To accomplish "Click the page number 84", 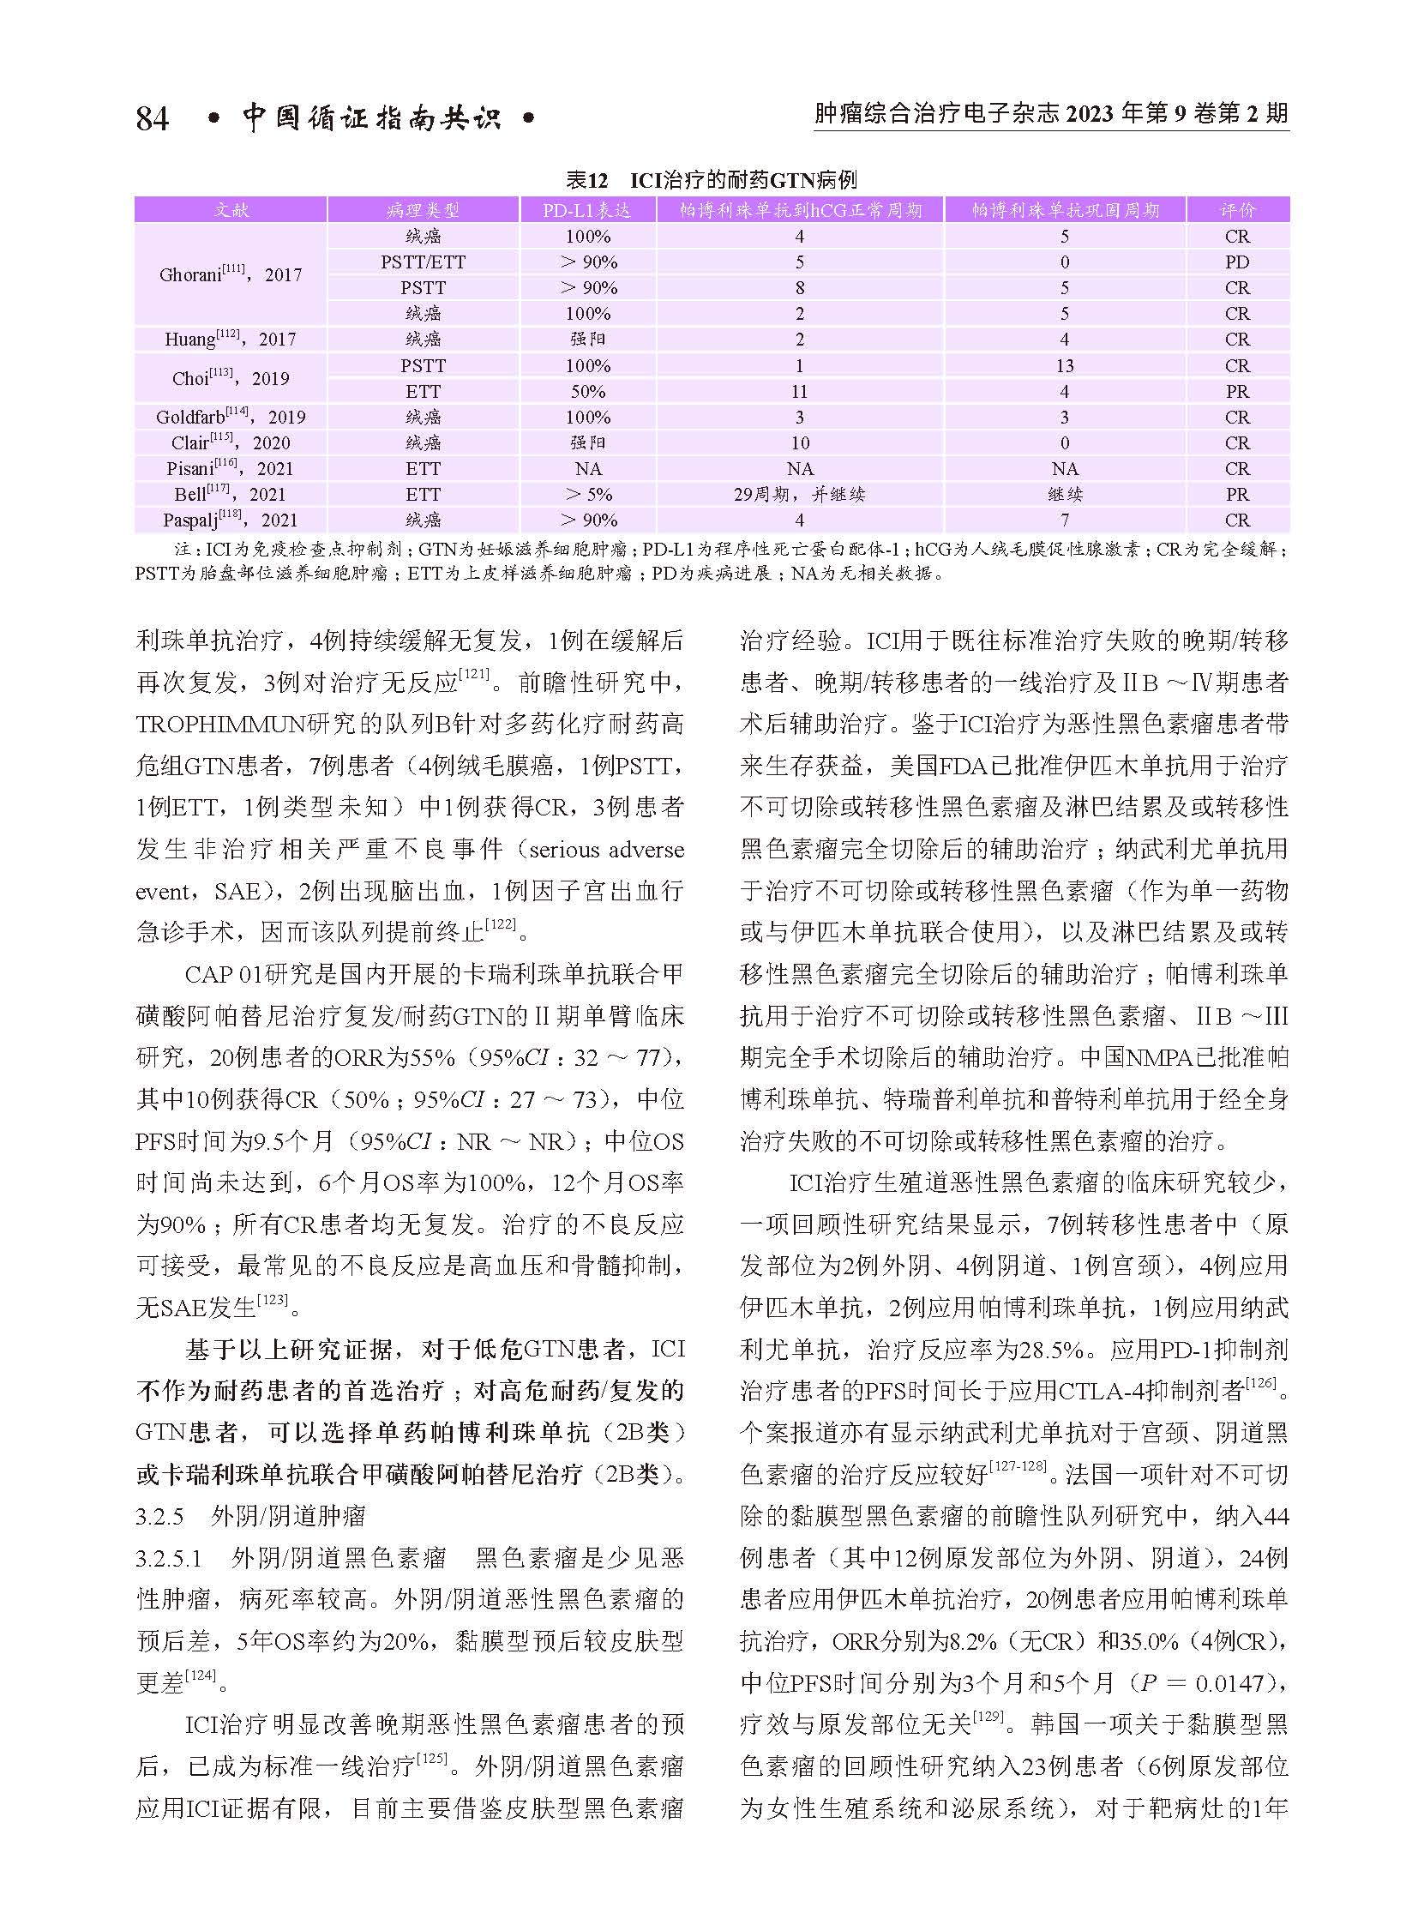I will [x=152, y=117].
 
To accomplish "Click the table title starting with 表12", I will [x=711, y=180].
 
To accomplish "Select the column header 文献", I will [x=230, y=210].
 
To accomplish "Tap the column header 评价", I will [x=1237, y=210].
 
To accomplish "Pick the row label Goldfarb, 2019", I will [x=230, y=418].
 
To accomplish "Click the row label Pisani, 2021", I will [x=230, y=469].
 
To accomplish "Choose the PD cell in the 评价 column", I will [x=1237, y=262].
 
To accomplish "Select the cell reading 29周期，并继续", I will [x=799, y=495].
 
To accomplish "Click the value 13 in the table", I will [x=1065, y=366].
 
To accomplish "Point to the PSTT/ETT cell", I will [x=424, y=262].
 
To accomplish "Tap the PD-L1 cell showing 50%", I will [x=588, y=392].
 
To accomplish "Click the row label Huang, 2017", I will [x=230, y=340].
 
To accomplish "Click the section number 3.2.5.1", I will [x=168, y=1557].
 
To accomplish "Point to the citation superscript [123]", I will [x=273, y=1302].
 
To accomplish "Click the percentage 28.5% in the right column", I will [x=1049, y=1350].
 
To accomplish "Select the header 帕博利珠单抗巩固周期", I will [x=1065, y=210].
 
